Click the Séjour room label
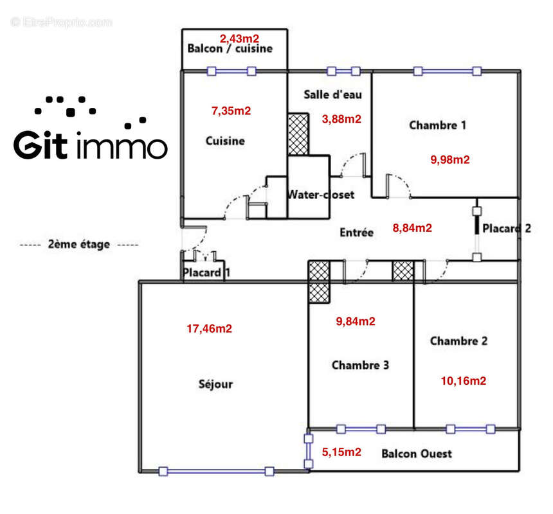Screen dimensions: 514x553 (216, 384)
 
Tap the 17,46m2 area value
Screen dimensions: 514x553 (209, 328)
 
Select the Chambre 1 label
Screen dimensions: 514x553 (437, 125)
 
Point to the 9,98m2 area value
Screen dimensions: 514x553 (450, 159)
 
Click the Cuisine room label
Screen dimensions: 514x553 (225, 140)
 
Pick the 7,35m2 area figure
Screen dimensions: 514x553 (231, 111)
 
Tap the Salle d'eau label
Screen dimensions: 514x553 (332, 94)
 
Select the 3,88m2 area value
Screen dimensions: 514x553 (341, 118)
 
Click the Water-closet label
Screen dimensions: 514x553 (321, 194)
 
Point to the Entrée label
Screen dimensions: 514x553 (356, 233)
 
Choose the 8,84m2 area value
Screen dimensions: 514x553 (412, 227)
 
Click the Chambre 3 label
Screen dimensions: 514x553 (360, 365)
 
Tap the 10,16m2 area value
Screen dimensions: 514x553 (463, 380)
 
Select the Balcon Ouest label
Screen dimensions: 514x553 (416, 454)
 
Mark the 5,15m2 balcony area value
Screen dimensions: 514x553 (341, 452)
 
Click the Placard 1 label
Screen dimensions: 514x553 (206, 272)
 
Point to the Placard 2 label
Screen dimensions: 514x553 (506, 228)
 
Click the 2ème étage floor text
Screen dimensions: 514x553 (78, 244)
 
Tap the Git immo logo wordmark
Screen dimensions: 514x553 (91, 146)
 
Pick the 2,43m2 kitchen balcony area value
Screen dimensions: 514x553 (240, 38)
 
